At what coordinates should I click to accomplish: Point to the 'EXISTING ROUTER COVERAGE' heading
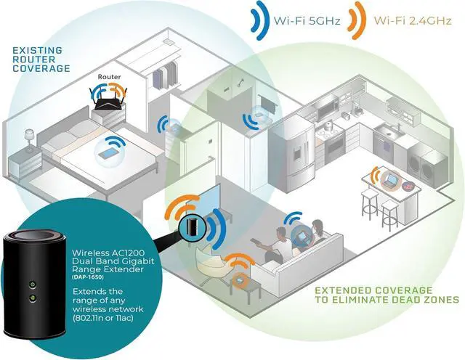[41, 59]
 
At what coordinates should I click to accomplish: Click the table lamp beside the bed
[30, 136]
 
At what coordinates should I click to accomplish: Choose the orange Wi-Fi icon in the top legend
[357, 20]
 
